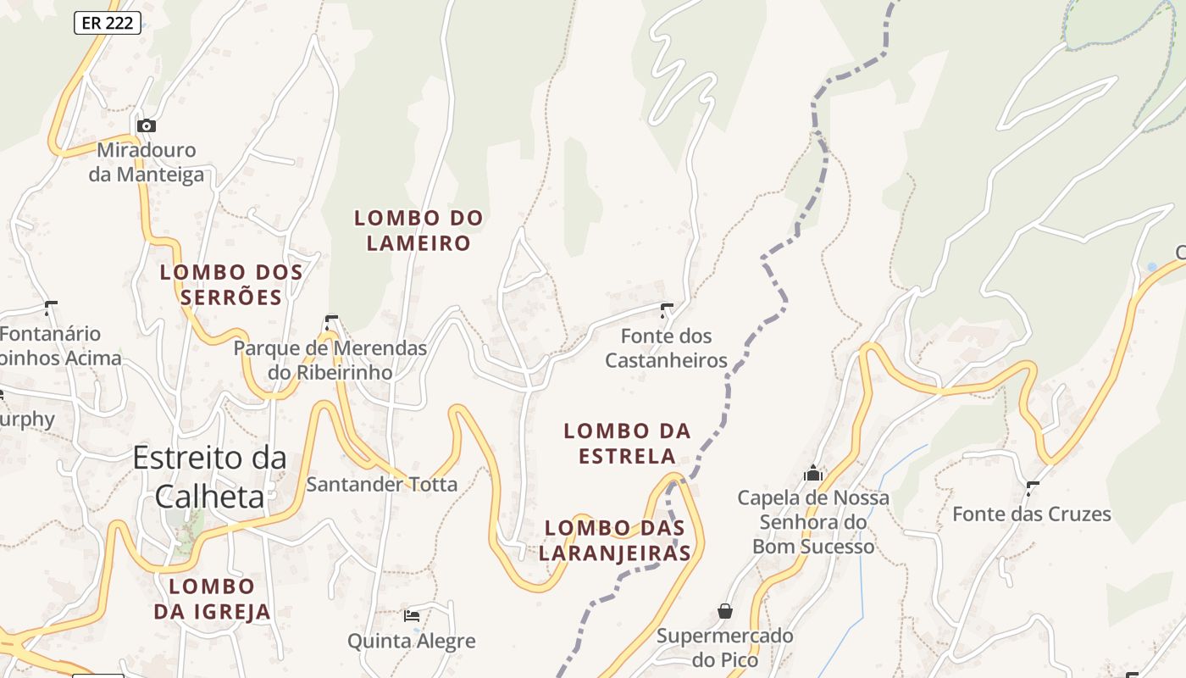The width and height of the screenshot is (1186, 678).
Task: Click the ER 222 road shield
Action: pos(108,23)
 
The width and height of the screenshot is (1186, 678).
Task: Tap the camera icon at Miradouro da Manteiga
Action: pos(147,125)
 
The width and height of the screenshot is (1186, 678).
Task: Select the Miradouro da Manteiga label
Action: pos(147,163)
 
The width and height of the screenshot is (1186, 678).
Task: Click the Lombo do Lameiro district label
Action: pos(418,231)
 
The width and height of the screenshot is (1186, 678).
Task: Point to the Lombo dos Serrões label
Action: pos(231,285)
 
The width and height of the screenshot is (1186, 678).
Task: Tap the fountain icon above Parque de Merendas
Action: pos(331,322)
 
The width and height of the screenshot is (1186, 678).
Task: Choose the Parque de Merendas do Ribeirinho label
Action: pos(330,360)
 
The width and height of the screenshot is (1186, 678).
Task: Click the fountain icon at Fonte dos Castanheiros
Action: pos(667,310)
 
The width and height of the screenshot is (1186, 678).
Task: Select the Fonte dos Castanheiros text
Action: pos(667,348)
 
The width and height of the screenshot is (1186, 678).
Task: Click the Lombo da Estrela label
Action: pos(628,443)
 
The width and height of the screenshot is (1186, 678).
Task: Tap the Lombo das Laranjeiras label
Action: pos(615,541)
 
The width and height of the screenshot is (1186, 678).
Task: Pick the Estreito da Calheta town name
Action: pos(209,477)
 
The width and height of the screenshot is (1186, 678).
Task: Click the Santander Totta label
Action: pos(382,485)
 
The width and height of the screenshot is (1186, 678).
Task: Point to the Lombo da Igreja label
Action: pos(212,598)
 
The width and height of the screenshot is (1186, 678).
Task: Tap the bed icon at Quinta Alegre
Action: pos(412,616)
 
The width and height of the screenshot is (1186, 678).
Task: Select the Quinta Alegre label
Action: pos(412,641)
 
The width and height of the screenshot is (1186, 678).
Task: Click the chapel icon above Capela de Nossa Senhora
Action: pos(813,472)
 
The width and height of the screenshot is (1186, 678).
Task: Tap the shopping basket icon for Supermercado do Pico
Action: pos(725,610)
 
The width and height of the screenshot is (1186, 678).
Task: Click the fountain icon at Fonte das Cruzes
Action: pos(1033,488)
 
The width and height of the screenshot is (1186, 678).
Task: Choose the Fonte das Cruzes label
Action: pos(1032,514)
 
